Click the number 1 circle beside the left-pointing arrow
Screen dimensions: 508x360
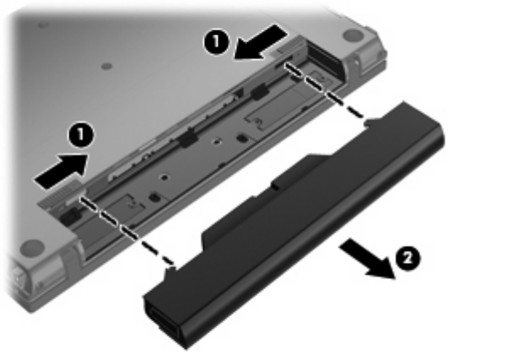click(x=216, y=42)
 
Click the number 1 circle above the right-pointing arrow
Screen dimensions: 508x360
click(x=81, y=136)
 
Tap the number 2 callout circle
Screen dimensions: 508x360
click(x=408, y=258)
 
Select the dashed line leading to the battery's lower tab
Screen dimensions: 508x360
click(x=127, y=232)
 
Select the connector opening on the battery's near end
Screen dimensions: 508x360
click(x=162, y=321)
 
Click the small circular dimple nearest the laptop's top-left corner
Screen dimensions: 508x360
click(x=43, y=24)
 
